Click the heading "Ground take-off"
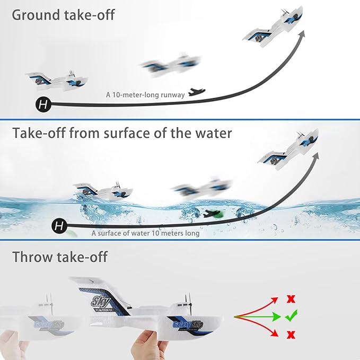(x=63, y=14)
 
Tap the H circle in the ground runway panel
(x=44, y=104)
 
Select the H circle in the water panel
(x=60, y=227)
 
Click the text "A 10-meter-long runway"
(x=145, y=95)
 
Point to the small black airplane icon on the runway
(x=197, y=92)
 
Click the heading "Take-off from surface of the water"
(x=122, y=133)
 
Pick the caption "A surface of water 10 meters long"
(x=145, y=233)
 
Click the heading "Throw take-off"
(x=59, y=257)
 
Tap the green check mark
(x=291, y=317)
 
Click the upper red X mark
(x=291, y=299)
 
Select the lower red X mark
(x=291, y=335)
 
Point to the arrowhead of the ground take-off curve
(x=303, y=33)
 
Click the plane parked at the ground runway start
(x=56, y=81)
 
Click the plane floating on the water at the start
(x=101, y=191)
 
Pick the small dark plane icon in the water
(x=212, y=214)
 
